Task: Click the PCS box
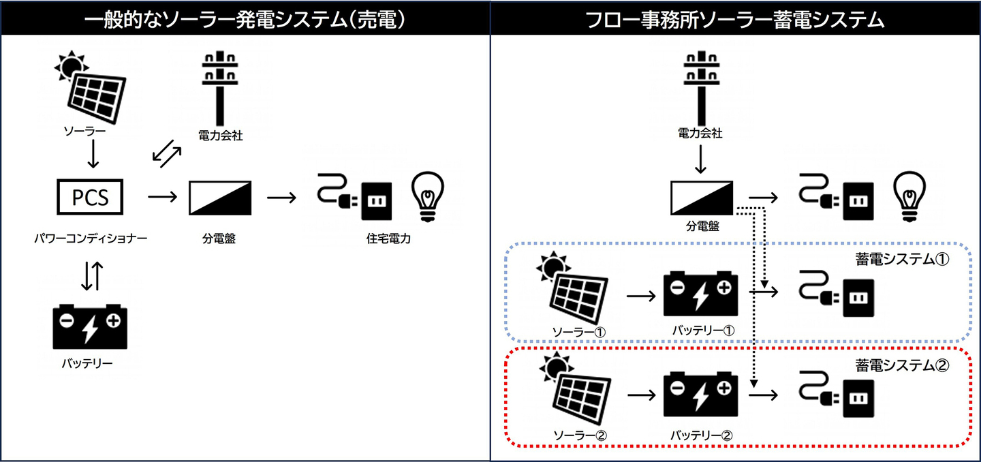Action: tap(91, 198)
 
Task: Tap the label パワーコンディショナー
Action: tap(91, 238)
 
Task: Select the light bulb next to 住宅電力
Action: tap(427, 197)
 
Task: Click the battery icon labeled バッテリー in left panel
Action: tap(90, 327)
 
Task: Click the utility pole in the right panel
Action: tap(699, 89)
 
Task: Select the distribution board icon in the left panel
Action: tap(219, 198)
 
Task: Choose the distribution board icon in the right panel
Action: tap(702, 198)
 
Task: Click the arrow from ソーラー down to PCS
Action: tap(93, 155)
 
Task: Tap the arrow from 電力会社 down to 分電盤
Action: tap(700, 161)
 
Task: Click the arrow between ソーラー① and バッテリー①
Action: tap(640, 296)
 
